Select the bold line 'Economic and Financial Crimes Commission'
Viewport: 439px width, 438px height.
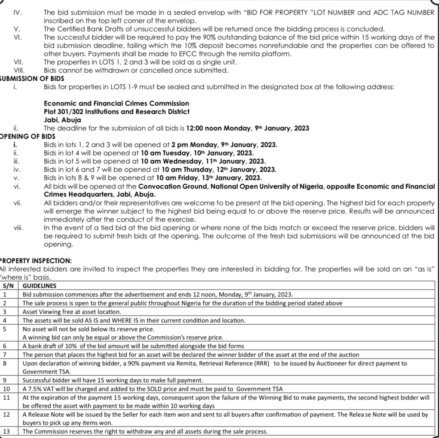(116, 103)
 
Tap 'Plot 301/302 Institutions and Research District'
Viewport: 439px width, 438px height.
(117, 112)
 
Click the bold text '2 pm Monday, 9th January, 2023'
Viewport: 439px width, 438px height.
(225, 145)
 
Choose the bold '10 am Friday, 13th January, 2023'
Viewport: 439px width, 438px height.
(209, 178)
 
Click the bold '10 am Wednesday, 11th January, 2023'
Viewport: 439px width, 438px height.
(214, 161)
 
